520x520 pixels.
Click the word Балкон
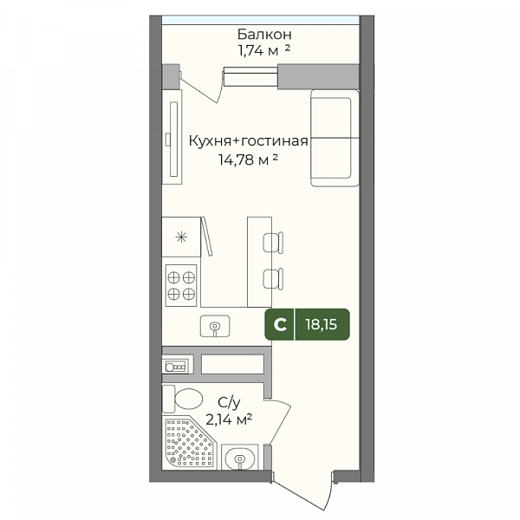(264, 34)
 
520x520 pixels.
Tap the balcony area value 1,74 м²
(264, 51)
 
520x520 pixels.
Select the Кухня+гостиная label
(249, 141)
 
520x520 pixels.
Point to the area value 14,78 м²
(248, 159)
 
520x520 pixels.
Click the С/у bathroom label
(229, 403)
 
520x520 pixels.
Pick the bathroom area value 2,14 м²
(229, 419)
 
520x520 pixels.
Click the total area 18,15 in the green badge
(322, 324)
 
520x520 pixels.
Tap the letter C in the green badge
(280, 325)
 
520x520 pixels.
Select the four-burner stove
(181, 285)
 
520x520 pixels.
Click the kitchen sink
(215, 326)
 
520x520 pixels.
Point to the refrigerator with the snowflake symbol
(181, 237)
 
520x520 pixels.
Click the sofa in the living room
(335, 138)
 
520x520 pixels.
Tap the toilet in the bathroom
(182, 399)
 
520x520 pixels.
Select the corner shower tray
(189, 443)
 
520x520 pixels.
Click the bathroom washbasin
(239, 458)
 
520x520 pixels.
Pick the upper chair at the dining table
(273, 243)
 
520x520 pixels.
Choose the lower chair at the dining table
(273, 278)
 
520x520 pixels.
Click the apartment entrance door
(302, 491)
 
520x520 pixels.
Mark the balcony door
(202, 85)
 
